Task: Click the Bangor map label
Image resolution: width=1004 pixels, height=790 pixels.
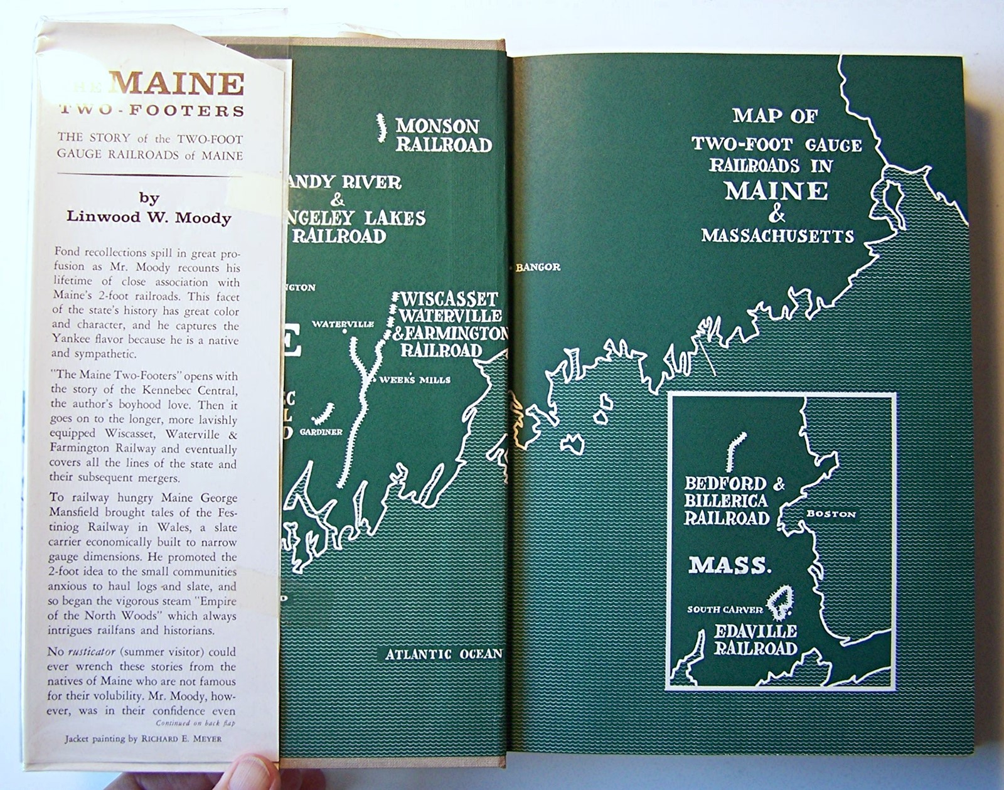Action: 538,267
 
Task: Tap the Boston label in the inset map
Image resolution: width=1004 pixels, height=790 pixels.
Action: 831,514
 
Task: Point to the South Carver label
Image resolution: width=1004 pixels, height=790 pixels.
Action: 725,609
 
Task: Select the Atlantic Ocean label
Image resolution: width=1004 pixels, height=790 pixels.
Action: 444,654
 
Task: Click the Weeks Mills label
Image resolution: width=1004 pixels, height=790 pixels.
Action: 415,380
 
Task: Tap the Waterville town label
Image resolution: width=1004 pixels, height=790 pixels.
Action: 343,324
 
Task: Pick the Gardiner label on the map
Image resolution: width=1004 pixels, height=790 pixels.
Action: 321,432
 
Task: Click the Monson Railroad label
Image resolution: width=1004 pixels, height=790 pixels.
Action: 443,135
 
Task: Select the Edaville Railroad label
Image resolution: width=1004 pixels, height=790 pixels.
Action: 756,639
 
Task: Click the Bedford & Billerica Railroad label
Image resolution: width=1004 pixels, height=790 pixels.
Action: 727,501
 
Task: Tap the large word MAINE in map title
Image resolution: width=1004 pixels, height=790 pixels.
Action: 776,191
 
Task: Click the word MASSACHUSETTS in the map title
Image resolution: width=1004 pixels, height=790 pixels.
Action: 777,236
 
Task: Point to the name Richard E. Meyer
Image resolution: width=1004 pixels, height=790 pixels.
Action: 181,739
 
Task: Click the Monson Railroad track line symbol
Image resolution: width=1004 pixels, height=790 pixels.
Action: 381,128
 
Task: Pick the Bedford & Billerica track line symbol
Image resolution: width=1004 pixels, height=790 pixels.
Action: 735,451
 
